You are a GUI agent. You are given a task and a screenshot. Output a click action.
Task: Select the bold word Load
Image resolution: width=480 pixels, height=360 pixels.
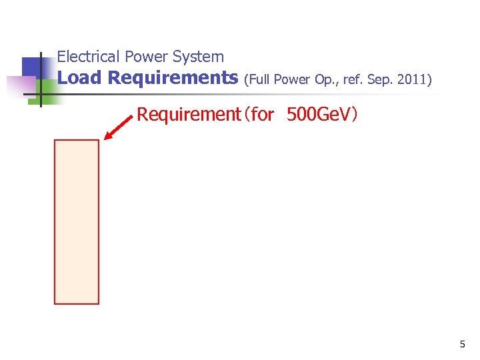[79, 78]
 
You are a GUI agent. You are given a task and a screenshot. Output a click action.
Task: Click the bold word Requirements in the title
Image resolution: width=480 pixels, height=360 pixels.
[173, 78]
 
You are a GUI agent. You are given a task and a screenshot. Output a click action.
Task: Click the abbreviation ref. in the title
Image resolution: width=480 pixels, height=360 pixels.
[354, 80]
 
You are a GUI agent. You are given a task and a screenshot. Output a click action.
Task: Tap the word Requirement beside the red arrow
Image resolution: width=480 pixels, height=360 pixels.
[187, 115]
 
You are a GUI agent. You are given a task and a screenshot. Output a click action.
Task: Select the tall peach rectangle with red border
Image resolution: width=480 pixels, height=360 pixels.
[77, 221]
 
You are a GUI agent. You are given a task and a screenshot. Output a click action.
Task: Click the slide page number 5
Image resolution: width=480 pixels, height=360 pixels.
[462, 345]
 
